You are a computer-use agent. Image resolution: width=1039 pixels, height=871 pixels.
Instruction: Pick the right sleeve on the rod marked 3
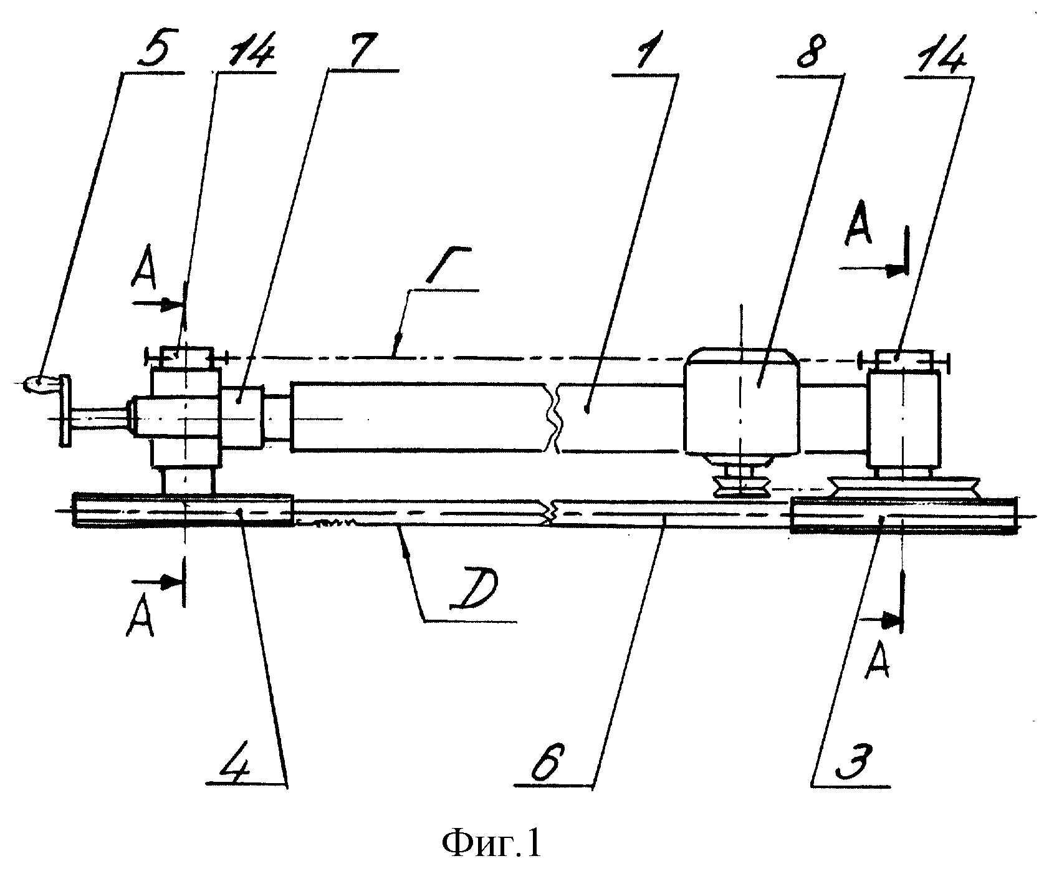[x=903, y=515]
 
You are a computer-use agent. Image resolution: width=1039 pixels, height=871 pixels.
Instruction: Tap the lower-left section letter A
[x=140, y=621]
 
